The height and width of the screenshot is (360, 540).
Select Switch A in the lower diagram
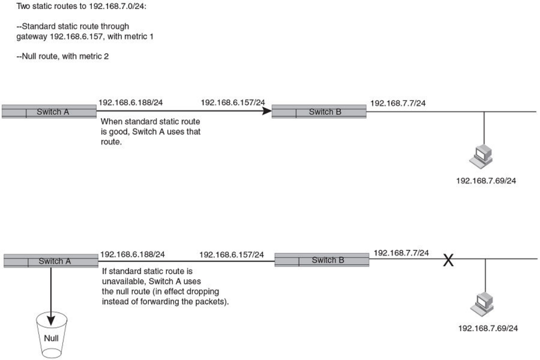click(x=51, y=260)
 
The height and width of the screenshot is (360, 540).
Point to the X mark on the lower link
click(x=448, y=260)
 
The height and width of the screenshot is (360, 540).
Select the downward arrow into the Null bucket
click(x=51, y=295)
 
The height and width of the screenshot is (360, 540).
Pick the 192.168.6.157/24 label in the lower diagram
click(x=231, y=255)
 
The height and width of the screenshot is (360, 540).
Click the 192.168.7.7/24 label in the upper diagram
click(x=398, y=103)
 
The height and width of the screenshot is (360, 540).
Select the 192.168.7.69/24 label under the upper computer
click(x=486, y=180)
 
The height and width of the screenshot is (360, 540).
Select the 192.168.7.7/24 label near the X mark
click(x=401, y=252)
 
